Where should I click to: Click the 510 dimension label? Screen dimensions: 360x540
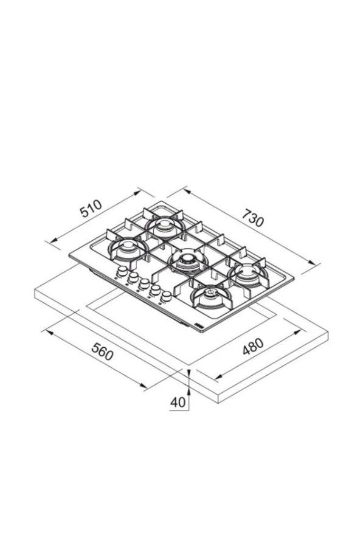pos(91,209)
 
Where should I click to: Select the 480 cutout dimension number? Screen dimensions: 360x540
pos(253,347)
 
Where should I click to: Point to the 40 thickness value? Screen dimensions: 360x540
pos(178,402)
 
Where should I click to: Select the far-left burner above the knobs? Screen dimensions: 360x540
pos(128,249)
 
